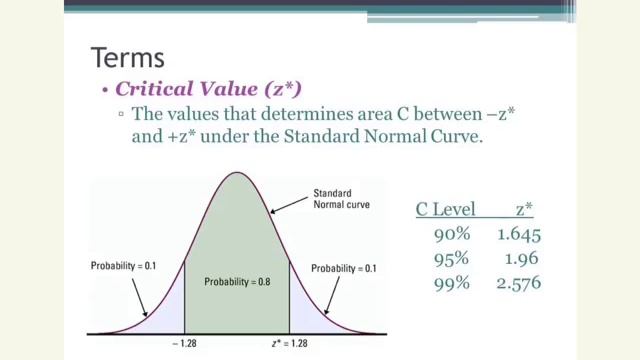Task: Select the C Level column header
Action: point(445,210)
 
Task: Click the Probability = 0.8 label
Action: point(238,281)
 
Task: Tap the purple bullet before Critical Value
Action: point(104,90)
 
